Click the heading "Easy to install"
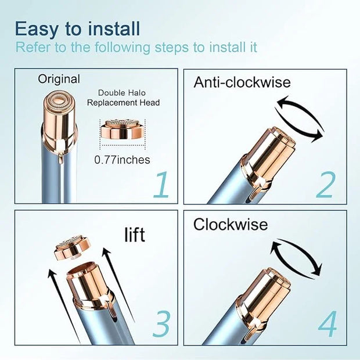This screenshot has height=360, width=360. click(77, 29)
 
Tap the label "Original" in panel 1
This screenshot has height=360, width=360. click(59, 79)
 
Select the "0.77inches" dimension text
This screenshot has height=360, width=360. click(122, 160)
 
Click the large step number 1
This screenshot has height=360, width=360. click(161, 185)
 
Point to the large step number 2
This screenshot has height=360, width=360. click(326, 185)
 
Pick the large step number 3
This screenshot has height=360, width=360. click(161, 324)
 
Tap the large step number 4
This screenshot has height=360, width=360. click(328, 324)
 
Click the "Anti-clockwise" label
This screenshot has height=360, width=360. click(242, 82)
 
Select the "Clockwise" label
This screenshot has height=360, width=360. click(231, 224)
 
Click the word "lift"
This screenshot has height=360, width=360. click(135, 235)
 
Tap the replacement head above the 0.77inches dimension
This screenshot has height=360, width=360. click(123, 129)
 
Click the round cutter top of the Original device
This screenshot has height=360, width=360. click(60, 100)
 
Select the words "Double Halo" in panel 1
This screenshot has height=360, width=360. click(122, 93)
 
